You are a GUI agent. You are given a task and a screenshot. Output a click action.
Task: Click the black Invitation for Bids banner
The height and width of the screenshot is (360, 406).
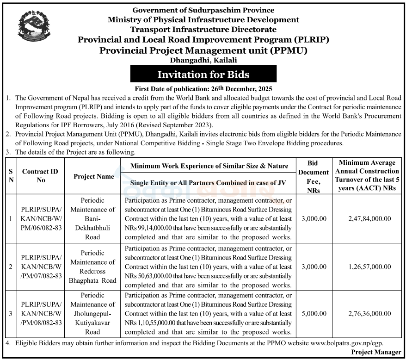(203, 74)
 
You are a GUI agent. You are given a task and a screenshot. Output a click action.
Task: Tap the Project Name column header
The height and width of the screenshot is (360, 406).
(94, 176)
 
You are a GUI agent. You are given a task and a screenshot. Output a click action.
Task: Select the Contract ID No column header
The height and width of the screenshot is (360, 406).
(41, 176)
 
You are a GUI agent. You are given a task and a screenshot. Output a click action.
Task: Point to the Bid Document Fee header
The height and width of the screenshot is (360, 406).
(313, 176)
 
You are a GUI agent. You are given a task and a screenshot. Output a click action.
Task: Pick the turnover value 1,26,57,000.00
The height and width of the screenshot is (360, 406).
(369, 267)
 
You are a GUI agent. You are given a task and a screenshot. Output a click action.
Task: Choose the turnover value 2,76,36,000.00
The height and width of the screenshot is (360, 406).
(369, 313)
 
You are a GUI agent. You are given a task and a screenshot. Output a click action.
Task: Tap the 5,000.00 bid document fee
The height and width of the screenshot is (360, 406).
(313, 313)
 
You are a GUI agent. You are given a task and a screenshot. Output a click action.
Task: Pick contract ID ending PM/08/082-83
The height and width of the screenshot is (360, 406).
(41, 313)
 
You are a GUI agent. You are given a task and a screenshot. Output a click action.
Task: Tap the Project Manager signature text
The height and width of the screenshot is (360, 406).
(376, 352)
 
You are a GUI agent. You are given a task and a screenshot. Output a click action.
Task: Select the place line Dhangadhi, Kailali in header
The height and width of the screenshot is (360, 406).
(203, 60)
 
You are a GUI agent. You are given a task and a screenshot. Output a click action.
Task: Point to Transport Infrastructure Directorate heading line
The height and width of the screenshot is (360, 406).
(203, 30)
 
